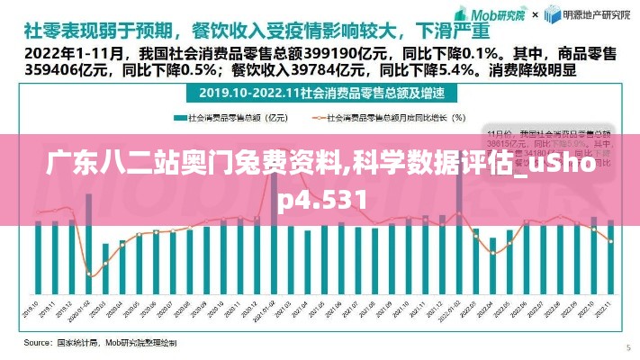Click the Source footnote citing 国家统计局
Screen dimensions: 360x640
click(x=99, y=343)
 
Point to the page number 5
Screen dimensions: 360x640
click(x=627, y=346)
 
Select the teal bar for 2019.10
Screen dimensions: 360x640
click(x=38, y=261)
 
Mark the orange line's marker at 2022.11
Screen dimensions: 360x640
click(x=611, y=240)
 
